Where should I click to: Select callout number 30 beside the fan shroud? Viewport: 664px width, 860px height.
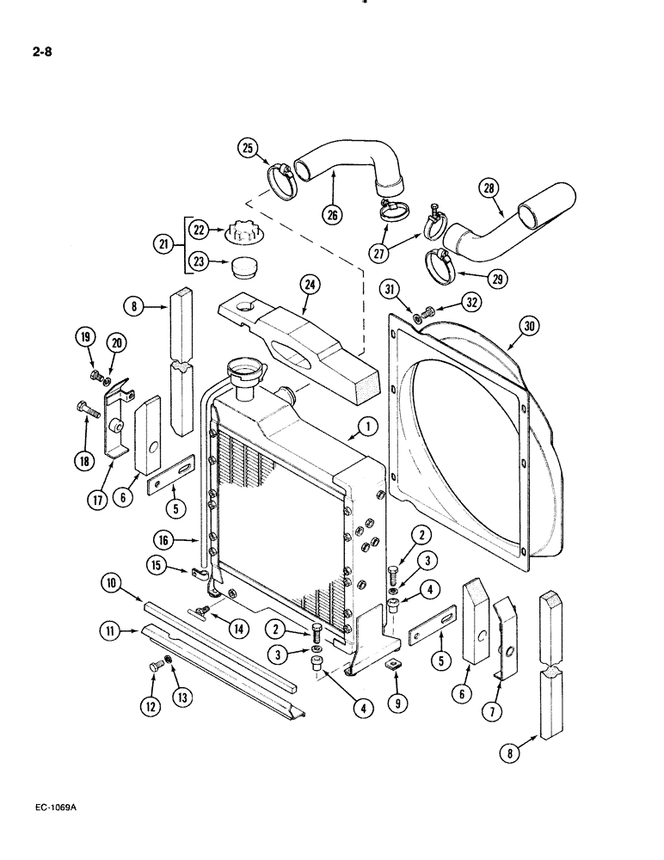point(529,325)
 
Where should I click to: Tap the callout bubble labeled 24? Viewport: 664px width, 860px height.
point(309,285)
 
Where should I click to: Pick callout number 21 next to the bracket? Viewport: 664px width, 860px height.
point(161,245)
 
